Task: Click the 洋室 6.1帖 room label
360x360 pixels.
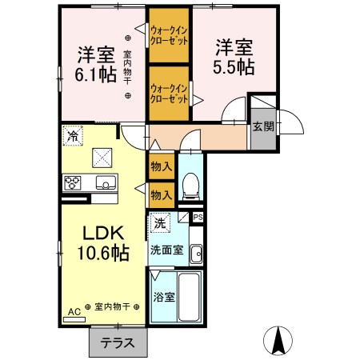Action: (x=96, y=65)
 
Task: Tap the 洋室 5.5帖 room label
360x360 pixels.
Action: (x=234, y=57)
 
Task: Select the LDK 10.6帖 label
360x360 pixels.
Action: (x=103, y=242)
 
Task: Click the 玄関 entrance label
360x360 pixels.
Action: (x=263, y=126)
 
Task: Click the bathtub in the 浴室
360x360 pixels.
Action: (x=189, y=297)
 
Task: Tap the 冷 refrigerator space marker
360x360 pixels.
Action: (x=73, y=136)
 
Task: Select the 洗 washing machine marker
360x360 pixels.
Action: (x=160, y=222)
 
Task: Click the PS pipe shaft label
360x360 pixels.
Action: (x=198, y=218)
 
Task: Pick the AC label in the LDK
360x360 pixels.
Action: (x=74, y=312)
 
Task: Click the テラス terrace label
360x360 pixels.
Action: (x=118, y=342)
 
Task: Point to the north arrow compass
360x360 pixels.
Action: (x=278, y=341)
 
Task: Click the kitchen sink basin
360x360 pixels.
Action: (x=106, y=182)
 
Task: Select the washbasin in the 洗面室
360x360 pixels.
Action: (x=197, y=254)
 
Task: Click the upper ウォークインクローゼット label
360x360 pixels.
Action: (x=169, y=35)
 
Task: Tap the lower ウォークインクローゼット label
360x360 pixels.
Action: (x=169, y=94)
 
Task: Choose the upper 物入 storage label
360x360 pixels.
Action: (x=162, y=167)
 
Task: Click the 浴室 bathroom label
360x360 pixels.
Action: (x=164, y=297)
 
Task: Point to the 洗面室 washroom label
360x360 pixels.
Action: (x=167, y=250)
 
